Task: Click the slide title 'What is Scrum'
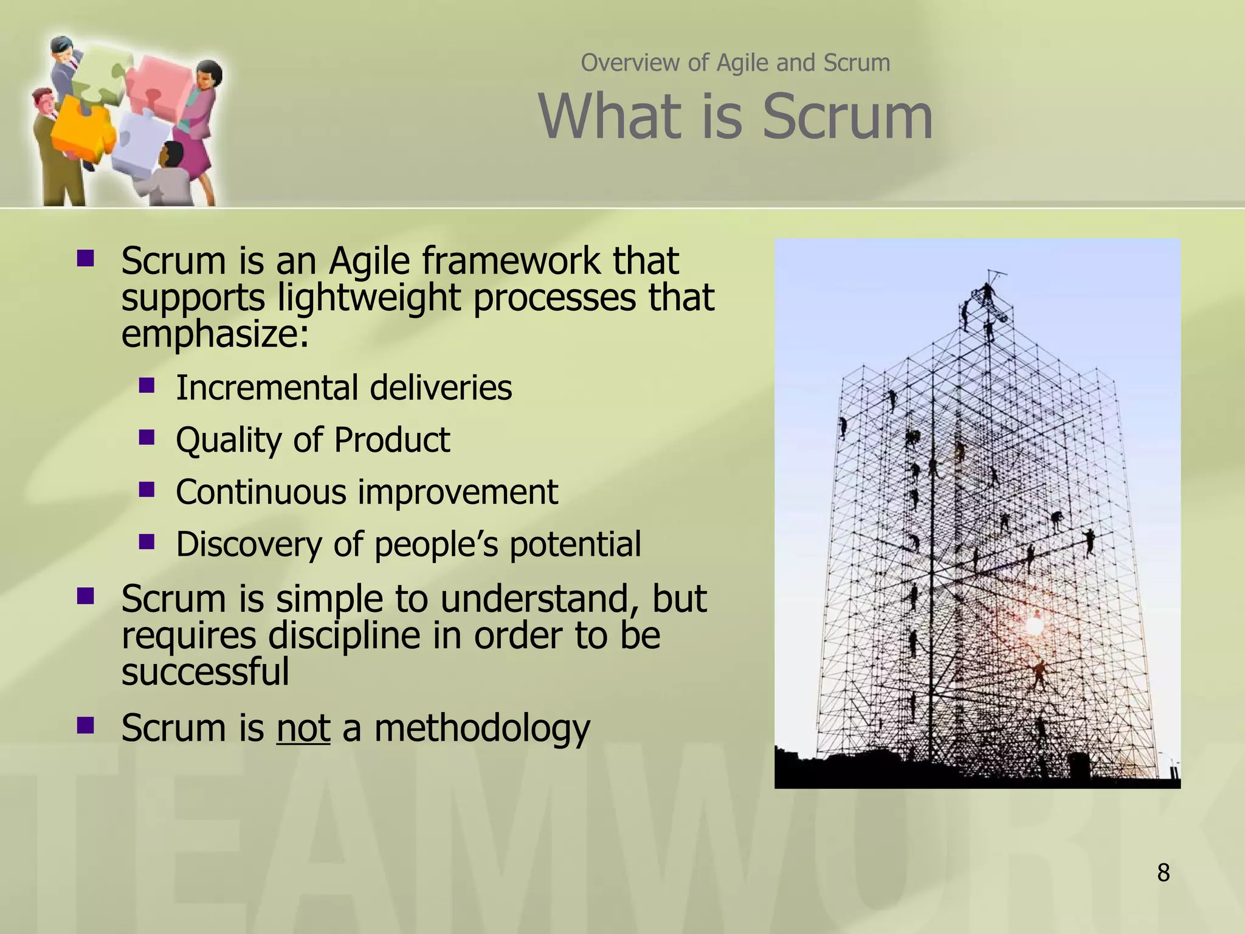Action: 736,117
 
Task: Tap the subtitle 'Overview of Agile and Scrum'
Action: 736,63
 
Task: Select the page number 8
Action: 1163,873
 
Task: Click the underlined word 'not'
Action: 303,728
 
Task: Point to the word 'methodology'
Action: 481,728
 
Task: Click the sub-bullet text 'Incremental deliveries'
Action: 343,387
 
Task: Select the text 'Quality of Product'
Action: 312,440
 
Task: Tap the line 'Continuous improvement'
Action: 367,491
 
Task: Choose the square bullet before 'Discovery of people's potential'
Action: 147,541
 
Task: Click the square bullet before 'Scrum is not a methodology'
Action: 86,725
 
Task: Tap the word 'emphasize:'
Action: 215,334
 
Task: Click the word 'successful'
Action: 205,671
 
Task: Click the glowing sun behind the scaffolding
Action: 1034,624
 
